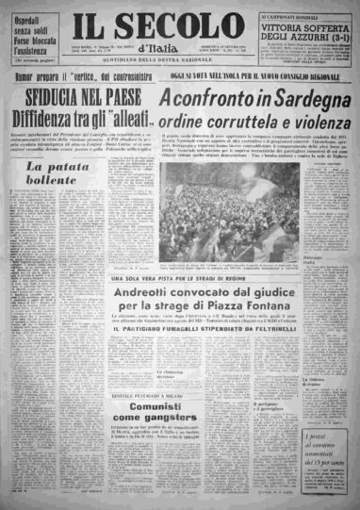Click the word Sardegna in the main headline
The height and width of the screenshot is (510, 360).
282,99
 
